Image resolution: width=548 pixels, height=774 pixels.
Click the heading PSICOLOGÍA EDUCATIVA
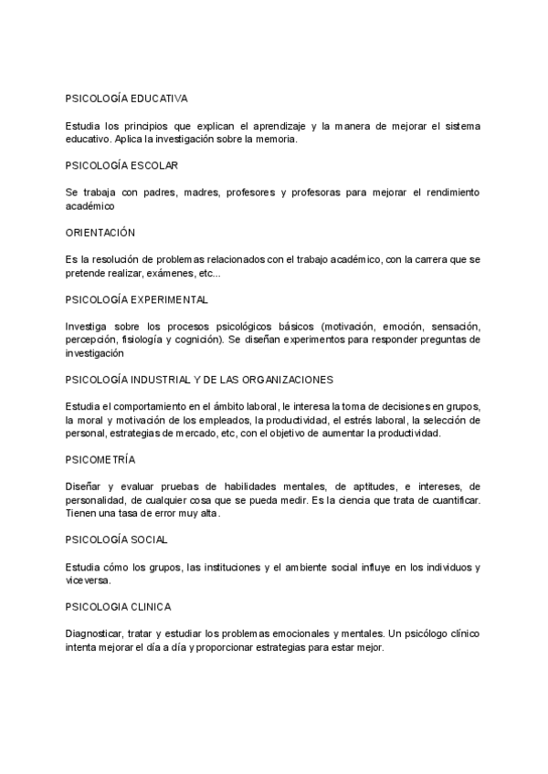pos(127,97)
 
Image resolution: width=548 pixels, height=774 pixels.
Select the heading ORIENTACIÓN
pos(100,232)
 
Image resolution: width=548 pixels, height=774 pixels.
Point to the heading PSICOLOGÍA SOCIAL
pos(116,539)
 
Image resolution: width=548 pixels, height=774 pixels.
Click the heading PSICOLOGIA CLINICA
pos(118,606)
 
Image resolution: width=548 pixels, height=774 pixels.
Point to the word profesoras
pos(326,193)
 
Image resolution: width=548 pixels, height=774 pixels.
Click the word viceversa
pos(88,580)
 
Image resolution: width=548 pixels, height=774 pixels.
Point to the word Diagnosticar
pos(99,633)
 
